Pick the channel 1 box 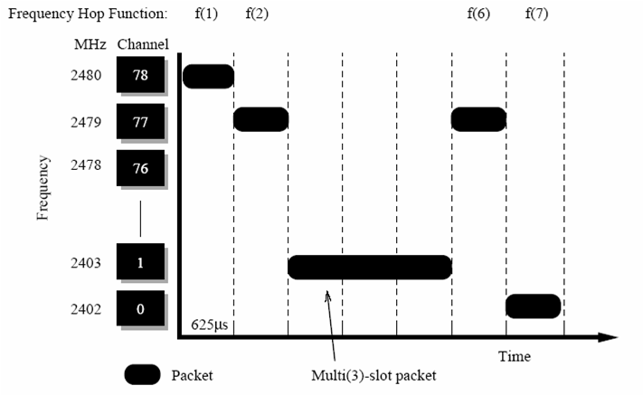coord(139,263)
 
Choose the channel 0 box coord(139,309)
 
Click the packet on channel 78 coord(208,76)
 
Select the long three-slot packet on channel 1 coord(369,267)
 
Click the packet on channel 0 coord(533,306)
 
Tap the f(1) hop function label coord(206,14)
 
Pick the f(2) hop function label coord(257,14)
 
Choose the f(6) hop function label coord(478,14)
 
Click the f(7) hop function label coord(536,14)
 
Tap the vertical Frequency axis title coord(43,187)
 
